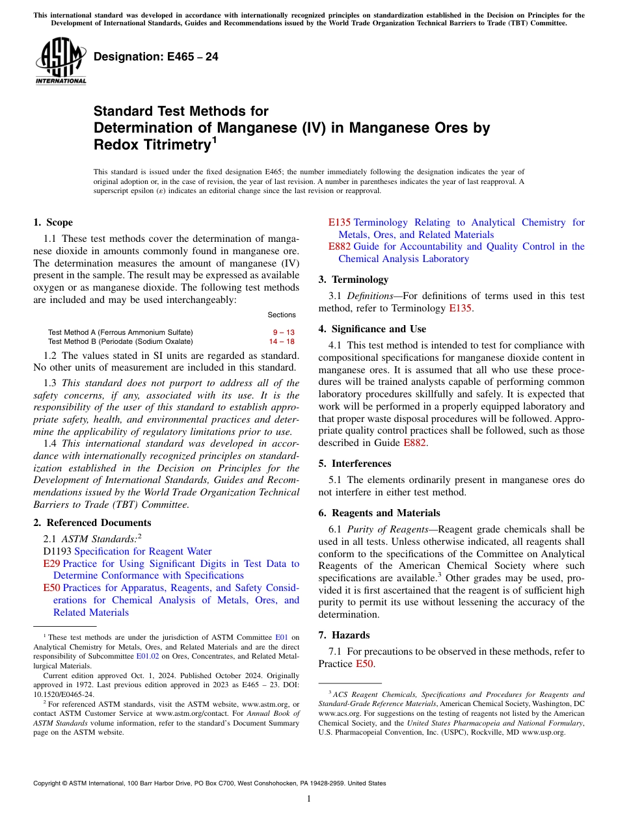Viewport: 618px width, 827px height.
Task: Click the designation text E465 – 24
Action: pyautogui.click(x=156, y=57)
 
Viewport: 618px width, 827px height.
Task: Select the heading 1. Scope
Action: pyautogui.click(x=53, y=222)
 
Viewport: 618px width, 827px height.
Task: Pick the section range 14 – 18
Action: pyautogui.click(x=282, y=341)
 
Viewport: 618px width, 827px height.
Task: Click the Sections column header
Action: pyautogui.click(x=281, y=315)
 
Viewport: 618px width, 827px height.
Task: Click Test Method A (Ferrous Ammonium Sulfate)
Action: pyautogui.click(x=120, y=332)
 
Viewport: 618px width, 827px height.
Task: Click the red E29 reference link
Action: pyautogui.click(x=51, y=564)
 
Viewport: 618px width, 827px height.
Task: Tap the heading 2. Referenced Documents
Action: pyautogui.click(x=92, y=523)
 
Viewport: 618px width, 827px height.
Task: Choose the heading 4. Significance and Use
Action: pyautogui.click(x=372, y=329)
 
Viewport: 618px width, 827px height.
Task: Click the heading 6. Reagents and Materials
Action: pyautogui.click(x=379, y=513)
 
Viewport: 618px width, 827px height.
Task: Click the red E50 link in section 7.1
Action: pyautogui.click(x=364, y=664)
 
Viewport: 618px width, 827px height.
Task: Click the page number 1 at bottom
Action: pyautogui.click(x=309, y=798)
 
